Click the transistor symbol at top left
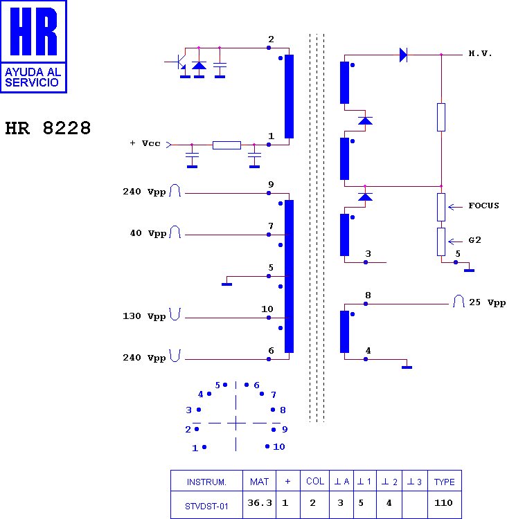(181, 62)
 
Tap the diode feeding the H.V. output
(403, 55)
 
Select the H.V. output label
(480, 53)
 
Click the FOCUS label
(483, 206)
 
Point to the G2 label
(474, 240)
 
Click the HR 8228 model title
(48, 128)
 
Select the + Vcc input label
(145, 143)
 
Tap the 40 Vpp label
(148, 233)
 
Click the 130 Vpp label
(144, 316)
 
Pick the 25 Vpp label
(487, 302)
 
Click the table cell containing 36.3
(260, 503)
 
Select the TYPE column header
(445, 482)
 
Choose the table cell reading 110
(445, 503)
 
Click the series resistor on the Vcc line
(226, 145)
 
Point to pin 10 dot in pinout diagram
(267, 446)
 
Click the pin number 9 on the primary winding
(271, 184)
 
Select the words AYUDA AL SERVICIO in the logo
(33, 77)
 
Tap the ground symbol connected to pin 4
(407, 367)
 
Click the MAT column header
(260, 482)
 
